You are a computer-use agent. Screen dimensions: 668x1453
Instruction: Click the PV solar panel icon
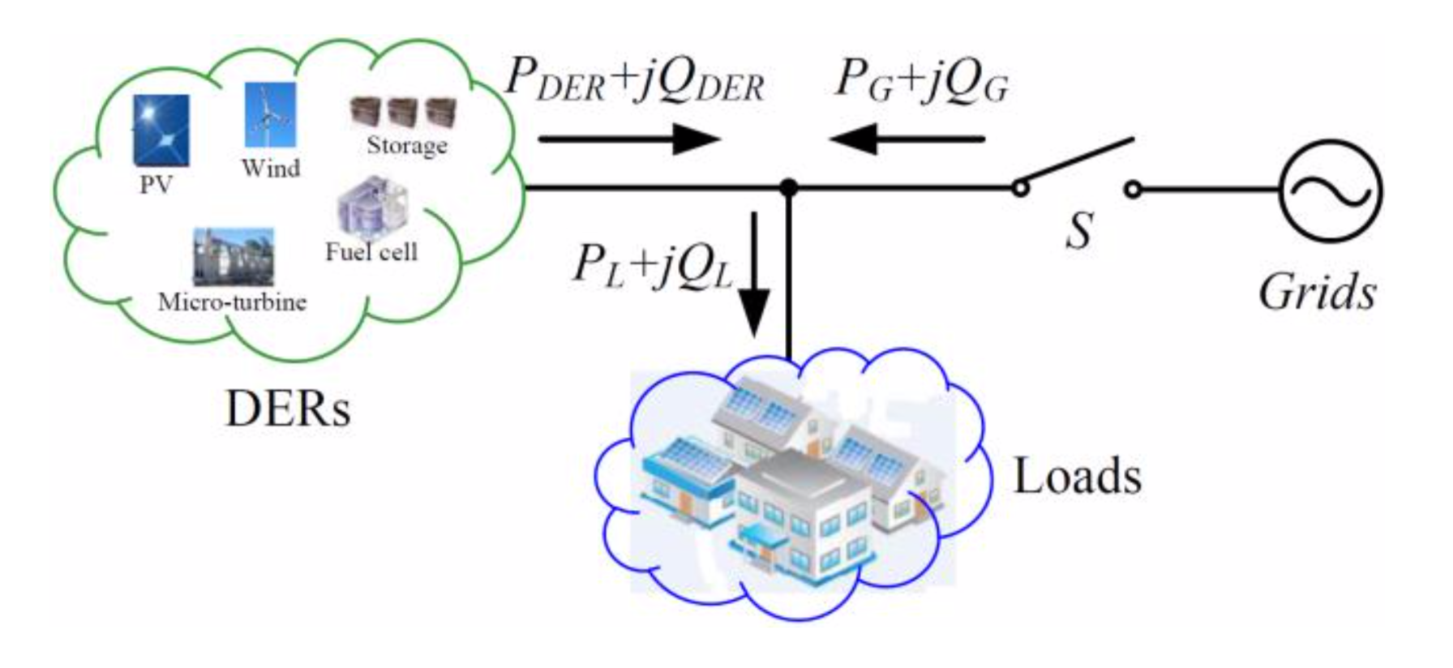tap(161, 130)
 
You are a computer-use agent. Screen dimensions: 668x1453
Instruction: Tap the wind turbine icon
tap(270, 115)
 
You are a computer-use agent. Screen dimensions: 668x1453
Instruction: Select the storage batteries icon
tap(403, 112)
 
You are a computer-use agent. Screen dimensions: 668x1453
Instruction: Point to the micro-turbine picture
tap(233, 256)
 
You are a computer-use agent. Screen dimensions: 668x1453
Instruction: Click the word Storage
tap(406, 146)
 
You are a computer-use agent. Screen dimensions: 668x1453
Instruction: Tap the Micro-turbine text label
tap(232, 302)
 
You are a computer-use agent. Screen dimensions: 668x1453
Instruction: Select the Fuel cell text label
tap(371, 252)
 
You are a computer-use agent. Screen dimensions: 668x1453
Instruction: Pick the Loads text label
tap(1078, 476)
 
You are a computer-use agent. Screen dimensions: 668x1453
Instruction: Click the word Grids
tap(1317, 293)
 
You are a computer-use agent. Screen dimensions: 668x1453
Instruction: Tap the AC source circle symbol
tap(1331, 191)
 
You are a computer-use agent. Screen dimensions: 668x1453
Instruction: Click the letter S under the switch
tap(1079, 230)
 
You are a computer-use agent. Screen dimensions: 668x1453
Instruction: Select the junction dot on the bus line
tap(788, 189)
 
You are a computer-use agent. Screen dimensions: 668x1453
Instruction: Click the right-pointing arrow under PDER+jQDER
tap(629, 139)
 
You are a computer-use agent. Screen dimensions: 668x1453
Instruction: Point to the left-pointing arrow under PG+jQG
tap(907, 139)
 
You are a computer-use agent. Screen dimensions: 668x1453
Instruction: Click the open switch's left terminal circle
tap(1021, 189)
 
